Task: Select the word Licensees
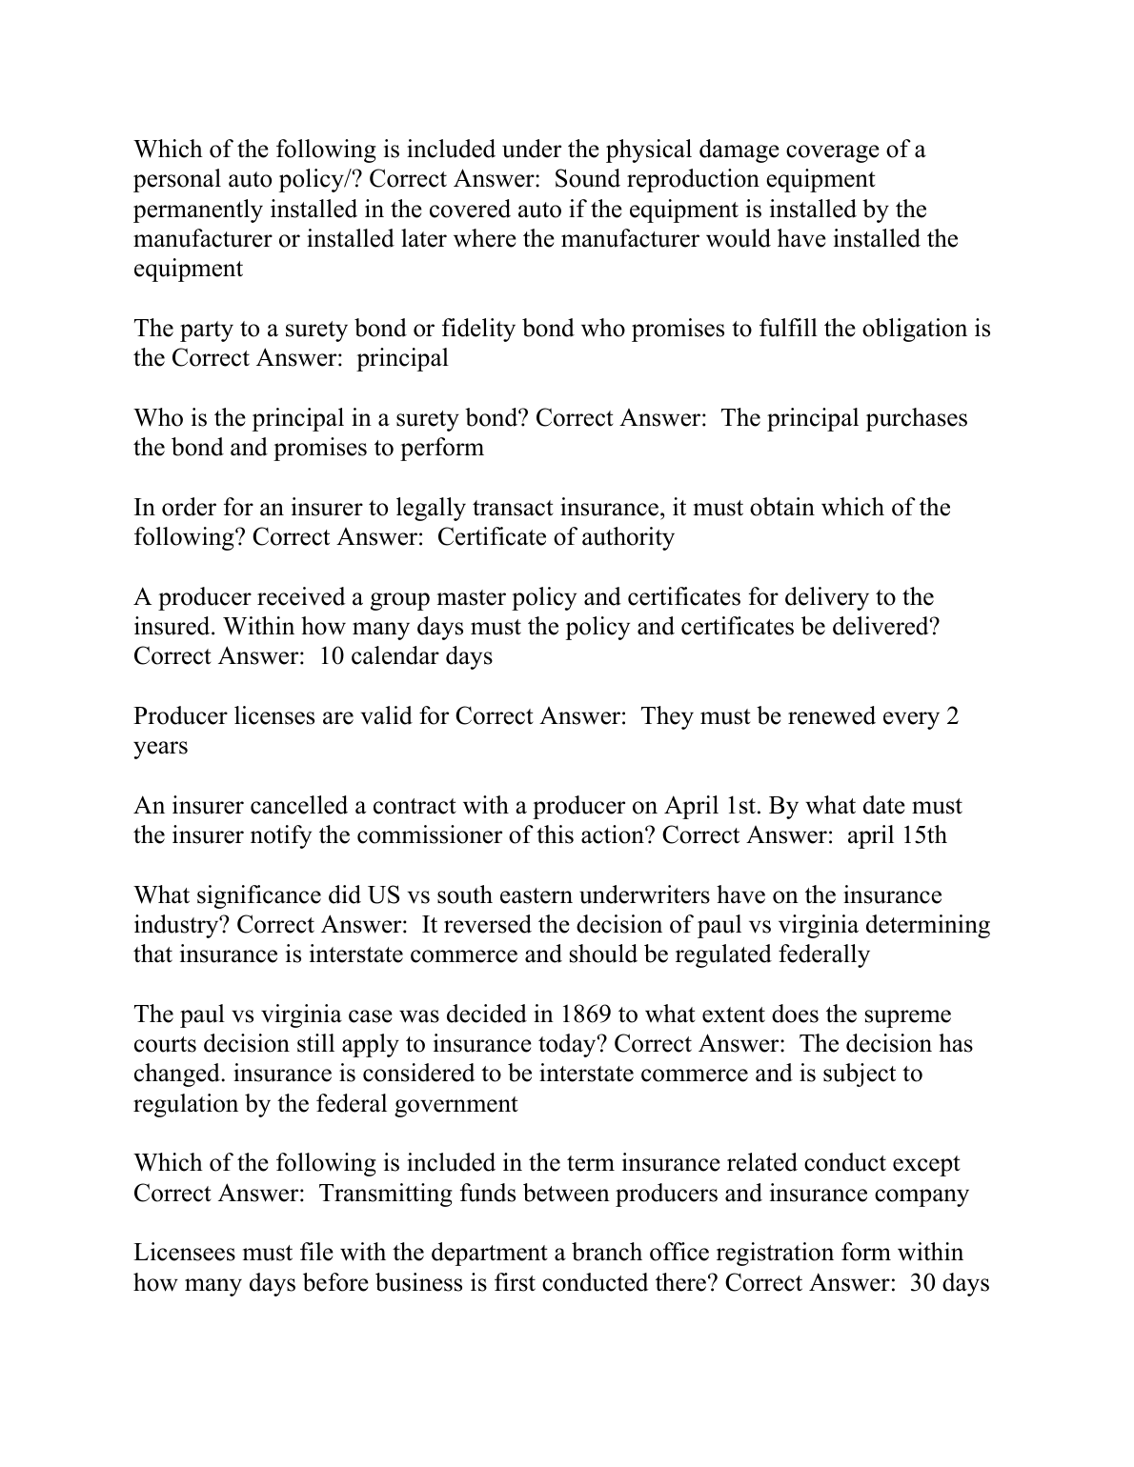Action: tap(187, 1252)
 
